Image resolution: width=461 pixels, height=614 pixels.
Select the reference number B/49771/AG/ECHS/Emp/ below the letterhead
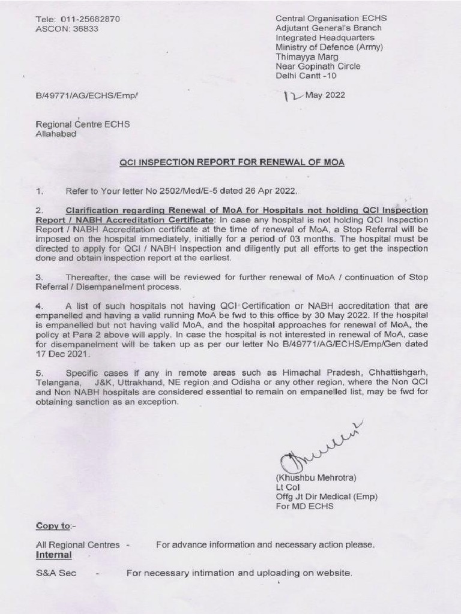coord(86,95)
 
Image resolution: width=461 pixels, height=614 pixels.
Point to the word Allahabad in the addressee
coord(56,134)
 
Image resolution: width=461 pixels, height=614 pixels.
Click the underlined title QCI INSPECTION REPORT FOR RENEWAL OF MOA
coord(232,162)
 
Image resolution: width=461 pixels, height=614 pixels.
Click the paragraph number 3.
coord(39,278)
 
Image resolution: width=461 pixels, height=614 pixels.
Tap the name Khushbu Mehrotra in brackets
coord(316,478)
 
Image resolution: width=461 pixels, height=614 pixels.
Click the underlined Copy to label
coord(53,526)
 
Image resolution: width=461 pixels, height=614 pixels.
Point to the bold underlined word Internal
coord(53,555)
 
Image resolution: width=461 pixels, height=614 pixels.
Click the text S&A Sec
coord(56,573)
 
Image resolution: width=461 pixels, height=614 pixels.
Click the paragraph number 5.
coord(39,373)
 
